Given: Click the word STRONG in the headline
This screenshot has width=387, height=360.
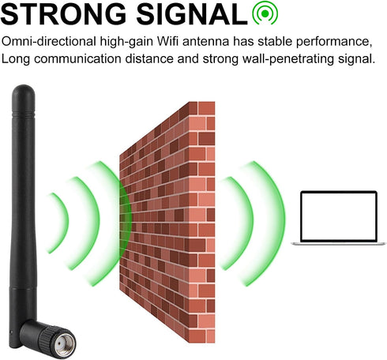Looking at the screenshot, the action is point(63,13).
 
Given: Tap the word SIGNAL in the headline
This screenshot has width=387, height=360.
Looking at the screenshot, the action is point(192,13).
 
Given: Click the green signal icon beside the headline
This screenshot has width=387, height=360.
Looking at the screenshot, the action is point(265,13).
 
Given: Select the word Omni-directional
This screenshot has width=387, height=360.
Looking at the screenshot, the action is point(49,42).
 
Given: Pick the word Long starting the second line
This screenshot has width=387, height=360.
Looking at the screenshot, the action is point(16,59).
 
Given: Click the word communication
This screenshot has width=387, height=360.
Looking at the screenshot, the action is point(77,58).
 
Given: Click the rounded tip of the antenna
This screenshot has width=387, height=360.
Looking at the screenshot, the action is point(23,91).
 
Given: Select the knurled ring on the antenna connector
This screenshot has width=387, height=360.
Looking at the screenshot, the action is point(46,337).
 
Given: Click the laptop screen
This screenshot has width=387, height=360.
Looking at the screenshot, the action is point(339,216).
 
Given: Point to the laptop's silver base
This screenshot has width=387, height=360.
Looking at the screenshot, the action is point(339,244).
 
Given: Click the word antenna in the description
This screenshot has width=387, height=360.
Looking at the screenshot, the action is point(205,42).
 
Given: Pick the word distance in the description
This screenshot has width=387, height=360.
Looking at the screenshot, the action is point(149,58).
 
